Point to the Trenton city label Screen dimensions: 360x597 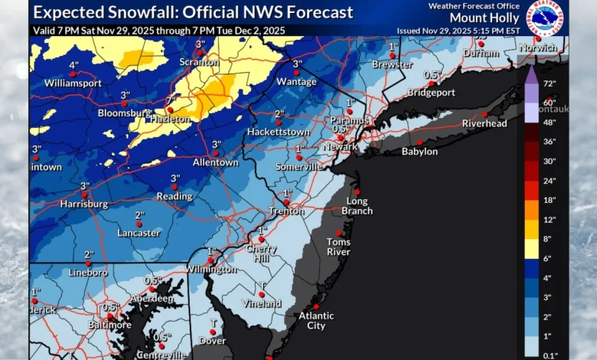tap(287, 211)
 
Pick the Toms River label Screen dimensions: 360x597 tap(338, 247)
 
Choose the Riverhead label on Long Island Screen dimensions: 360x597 tap(484, 123)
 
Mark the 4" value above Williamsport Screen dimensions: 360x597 tap(73, 66)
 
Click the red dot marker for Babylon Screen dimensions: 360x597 tap(419, 142)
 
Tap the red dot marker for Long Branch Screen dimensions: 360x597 tap(357, 192)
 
